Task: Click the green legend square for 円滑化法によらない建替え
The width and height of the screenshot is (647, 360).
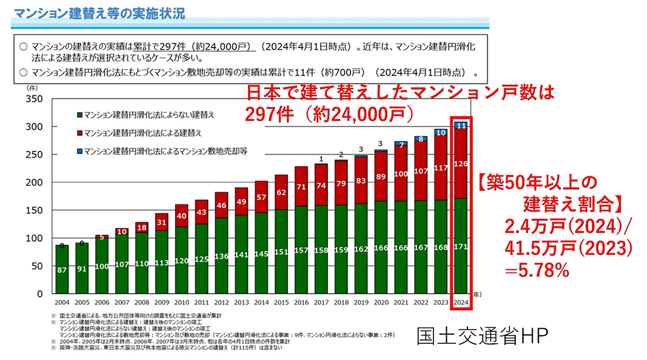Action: pos(79,115)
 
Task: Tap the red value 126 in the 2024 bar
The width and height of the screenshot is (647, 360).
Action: pos(462,164)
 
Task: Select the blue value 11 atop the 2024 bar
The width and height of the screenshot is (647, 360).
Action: pos(462,126)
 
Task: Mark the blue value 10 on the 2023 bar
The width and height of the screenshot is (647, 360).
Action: pos(442,132)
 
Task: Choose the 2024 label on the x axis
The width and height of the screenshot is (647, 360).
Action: pos(462,303)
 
